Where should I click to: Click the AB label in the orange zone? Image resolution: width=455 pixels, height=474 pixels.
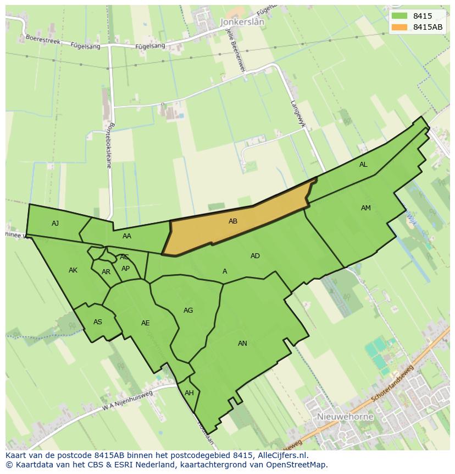tap(233, 221)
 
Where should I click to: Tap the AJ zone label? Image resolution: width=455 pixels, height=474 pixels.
tap(55, 223)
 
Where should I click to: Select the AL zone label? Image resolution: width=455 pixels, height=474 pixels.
tap(363, 165)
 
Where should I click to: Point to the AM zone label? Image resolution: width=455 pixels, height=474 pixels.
tap(366, 208)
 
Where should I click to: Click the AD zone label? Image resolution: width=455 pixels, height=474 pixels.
tap(255, 256)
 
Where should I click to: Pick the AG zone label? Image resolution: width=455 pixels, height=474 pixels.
tap(188, 310)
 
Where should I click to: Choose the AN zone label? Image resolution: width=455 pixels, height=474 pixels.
tap(242, 344)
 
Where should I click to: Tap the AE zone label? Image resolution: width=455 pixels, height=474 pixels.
tap(145, 323)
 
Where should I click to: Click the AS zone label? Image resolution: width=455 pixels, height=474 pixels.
tap(98, 322)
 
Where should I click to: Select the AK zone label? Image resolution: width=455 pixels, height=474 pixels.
tap(73, 270)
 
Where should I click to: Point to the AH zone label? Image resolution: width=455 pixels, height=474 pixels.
tap(189, 393)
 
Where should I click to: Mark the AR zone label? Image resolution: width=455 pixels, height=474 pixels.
tap(106, 272)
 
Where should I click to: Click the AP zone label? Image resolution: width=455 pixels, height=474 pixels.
tap(126, 269)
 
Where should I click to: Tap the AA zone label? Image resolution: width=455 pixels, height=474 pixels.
tap(127, 236)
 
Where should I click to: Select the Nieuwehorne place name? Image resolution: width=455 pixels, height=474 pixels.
tap(345, 417)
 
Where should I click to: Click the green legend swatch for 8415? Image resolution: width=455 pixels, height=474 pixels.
tap(399, 16)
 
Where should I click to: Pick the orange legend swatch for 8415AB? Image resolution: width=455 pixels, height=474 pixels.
tap(399, 27)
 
